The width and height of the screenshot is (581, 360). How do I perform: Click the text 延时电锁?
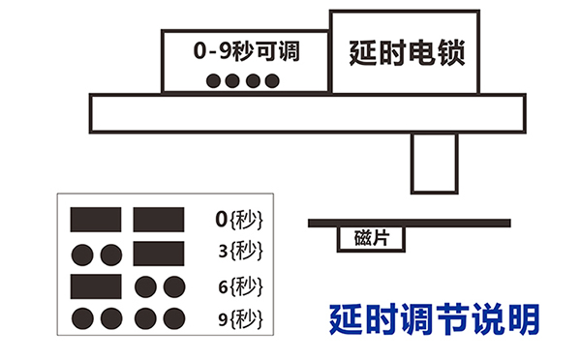(407, 52)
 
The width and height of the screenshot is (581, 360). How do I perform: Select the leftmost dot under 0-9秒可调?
(215, 80)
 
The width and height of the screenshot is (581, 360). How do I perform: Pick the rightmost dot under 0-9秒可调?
(272, 80)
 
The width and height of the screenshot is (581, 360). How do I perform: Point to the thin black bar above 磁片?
(410, 223)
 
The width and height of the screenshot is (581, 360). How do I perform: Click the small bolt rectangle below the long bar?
(433, 163)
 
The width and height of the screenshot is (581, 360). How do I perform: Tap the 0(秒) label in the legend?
(238, 220)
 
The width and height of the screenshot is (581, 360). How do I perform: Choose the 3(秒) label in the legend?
(239, 253)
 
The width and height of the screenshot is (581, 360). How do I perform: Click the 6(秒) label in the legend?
(239, 285)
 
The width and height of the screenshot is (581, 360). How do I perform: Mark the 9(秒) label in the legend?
(239, 318)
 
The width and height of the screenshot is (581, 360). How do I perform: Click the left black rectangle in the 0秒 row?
(96, 220)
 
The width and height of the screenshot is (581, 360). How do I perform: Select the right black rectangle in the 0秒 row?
(159, 220)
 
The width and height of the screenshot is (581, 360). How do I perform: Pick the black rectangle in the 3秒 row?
(159, 254)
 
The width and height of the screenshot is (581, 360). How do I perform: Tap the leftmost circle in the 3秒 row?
(82, 255)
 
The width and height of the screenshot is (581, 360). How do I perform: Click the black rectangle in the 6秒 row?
(96, 285)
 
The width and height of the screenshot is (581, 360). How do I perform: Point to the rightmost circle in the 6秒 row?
(173, 286)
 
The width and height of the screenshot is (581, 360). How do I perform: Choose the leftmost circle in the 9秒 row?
(82, 318)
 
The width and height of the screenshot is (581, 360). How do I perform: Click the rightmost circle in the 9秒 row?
(173, 318)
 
